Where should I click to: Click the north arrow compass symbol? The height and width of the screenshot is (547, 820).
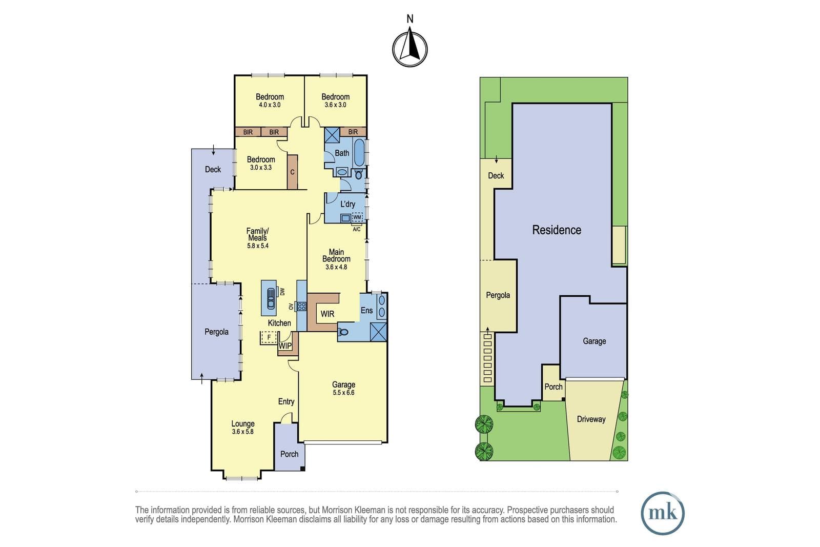point(409,49)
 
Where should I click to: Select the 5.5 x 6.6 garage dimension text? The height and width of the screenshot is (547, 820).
point(343,393)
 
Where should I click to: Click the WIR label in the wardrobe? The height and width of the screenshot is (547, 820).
point(327,314)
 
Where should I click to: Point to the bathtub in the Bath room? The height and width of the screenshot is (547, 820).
point(359,152)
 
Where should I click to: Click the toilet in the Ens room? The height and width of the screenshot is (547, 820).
point(343,332)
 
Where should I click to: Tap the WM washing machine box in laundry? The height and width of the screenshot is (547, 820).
point(357,217)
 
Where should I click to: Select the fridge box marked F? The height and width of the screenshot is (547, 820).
point(269,337)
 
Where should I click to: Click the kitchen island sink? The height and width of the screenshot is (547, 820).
point(271,298)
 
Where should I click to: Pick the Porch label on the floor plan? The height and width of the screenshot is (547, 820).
point(289,454)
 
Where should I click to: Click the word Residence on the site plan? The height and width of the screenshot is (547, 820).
point(557,230)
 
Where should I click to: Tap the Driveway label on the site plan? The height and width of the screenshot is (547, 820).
point(591,419)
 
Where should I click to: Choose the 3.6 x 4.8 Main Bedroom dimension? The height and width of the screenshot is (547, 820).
point(336,267)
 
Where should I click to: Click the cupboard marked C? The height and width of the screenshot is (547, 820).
point(292,172)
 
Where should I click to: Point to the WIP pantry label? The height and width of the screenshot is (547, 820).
point(285,346)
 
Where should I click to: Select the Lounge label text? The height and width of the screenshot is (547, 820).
point(243,423)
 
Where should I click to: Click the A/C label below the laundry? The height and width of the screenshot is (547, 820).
point(356,229)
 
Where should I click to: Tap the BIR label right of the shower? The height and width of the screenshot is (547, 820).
point(353,132)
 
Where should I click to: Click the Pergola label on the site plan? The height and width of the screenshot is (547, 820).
point(498,295)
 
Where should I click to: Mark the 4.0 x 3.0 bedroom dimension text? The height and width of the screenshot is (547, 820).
point(270,105)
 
